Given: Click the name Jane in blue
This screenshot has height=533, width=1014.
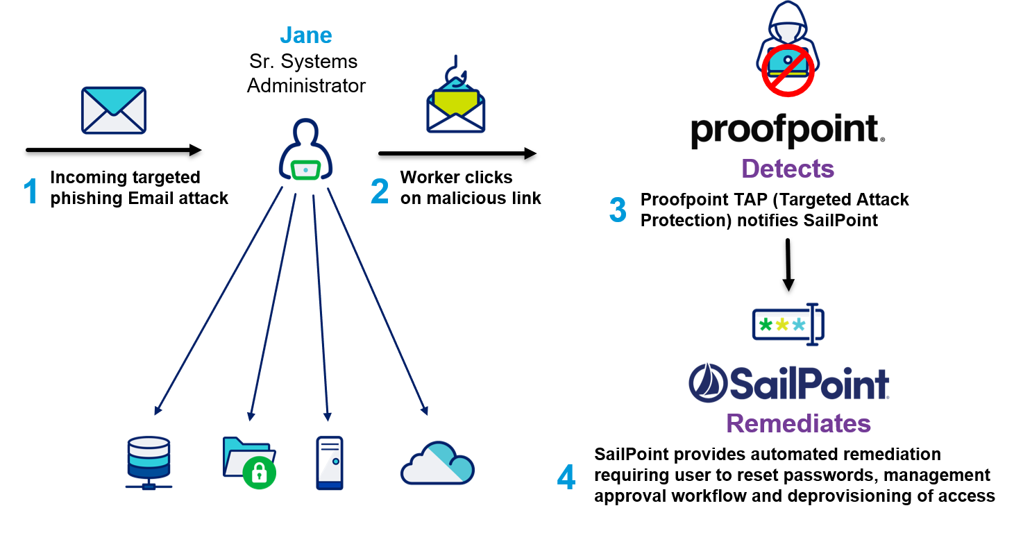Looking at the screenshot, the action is [306, 35].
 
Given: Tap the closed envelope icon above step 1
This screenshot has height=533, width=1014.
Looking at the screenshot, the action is [114, 110].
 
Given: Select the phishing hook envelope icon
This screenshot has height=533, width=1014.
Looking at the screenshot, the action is [455, 94].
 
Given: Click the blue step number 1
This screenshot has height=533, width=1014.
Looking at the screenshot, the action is [31, 191].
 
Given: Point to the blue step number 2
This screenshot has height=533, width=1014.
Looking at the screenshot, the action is [380, 191].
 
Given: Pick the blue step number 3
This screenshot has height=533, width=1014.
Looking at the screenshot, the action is [618, 210].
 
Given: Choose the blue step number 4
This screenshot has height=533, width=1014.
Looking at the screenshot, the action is [566, 477].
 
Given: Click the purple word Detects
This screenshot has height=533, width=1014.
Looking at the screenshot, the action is [788, 169].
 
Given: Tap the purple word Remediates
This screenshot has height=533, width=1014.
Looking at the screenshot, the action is [799, 423].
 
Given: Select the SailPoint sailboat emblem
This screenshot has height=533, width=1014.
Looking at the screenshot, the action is [708, 383].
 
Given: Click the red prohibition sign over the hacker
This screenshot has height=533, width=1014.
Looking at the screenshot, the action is [788, 71].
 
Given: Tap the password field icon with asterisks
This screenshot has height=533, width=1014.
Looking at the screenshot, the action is [788, 324].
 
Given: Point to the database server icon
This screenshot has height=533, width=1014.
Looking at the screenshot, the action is [149, 463].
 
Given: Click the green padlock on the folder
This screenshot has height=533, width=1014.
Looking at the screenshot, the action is [260, 473].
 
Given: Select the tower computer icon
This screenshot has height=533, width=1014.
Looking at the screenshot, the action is [330, 463].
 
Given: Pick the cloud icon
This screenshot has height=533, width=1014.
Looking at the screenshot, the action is [437, 463].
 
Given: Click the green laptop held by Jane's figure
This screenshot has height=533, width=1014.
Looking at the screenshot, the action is [305, 170].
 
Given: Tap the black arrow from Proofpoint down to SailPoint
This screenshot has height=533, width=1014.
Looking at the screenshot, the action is [788, 265].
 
